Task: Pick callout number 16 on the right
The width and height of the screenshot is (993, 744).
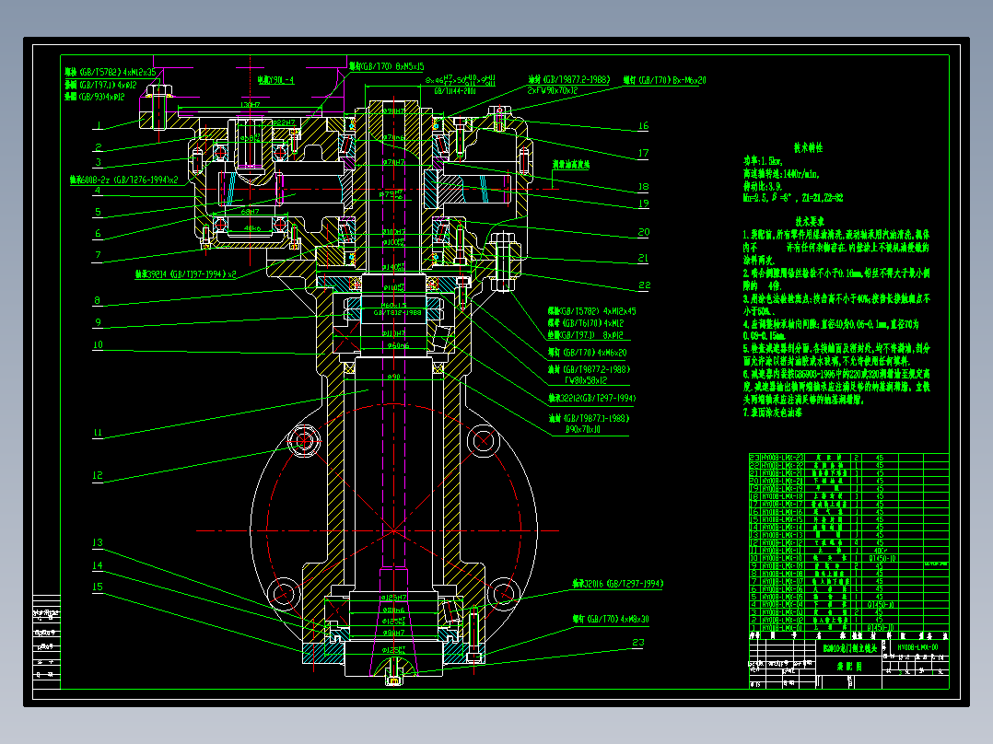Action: coord(643,126)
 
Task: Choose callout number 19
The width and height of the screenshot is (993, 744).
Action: coord(643,203)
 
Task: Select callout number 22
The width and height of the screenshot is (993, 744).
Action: coord(643,285)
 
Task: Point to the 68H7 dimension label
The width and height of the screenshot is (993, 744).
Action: coord(250,212)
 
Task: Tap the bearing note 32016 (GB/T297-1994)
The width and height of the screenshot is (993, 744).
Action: coord(617,584)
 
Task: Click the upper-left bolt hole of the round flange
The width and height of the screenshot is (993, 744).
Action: coord(303,441)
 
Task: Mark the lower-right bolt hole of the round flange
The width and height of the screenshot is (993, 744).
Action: coord(503,590)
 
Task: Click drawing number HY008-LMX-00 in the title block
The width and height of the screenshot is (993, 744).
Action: coord(917,648)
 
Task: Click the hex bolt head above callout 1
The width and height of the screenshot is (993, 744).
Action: coord(163,93)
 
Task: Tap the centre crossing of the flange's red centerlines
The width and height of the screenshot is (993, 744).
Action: coord(393,530)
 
